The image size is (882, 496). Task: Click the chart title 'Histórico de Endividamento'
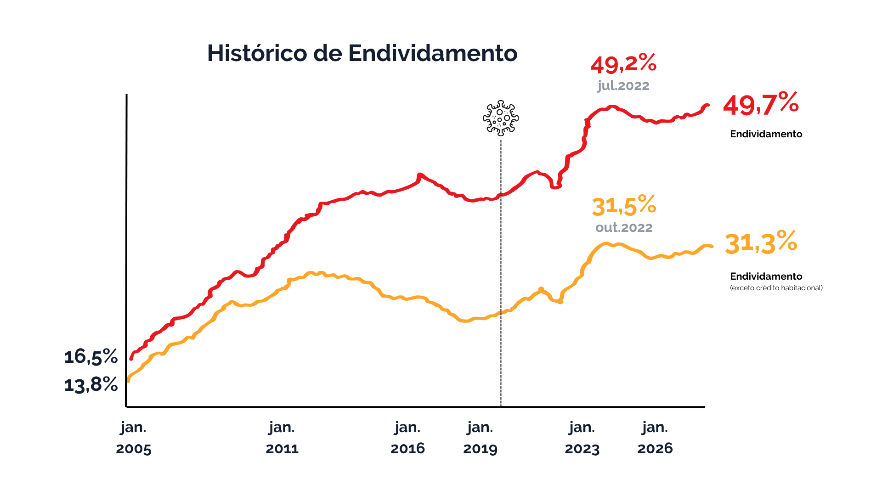click(362, 53)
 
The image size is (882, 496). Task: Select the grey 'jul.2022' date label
click(623, 86)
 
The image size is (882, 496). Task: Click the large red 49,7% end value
click(761, 104)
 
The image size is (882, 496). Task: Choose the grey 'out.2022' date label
click(624, 228)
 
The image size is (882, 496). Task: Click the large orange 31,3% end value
click(761, 243)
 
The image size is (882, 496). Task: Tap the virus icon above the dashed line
click(501, 118)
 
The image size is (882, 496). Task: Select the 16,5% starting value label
click(91, 357)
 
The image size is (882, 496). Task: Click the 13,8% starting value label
click(91, 385)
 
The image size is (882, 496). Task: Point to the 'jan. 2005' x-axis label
click(134, 438)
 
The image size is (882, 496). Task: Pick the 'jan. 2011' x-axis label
click(282, 438)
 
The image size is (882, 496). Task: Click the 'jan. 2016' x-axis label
click(407, 438)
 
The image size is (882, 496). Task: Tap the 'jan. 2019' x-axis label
click(480, 438)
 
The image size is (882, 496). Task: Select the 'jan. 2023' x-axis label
click(582, 438)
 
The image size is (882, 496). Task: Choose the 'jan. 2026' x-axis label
click(655, 438)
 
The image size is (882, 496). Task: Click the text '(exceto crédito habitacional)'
click(776, 288)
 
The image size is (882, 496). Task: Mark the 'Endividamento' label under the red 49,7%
click(766, 134)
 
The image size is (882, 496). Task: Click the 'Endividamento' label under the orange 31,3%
click(766, 276)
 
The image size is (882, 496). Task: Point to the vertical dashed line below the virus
click(501, 276)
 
